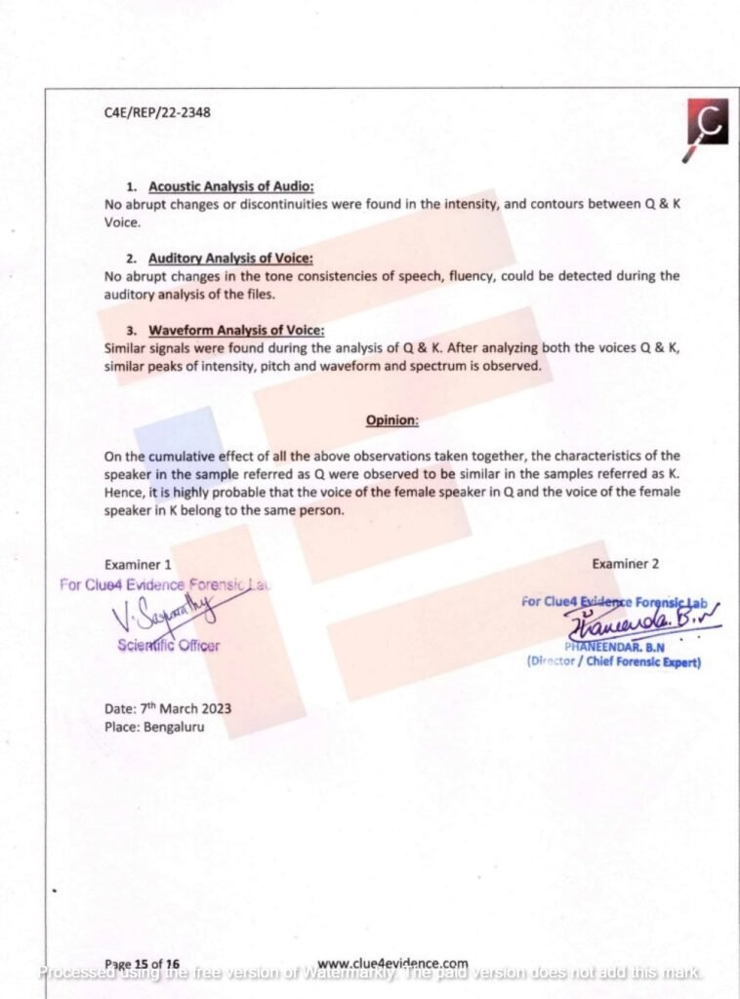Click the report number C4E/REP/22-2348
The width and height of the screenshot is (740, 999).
click(x=157, y=112)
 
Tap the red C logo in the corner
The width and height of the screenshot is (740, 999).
click(x=707, y=124)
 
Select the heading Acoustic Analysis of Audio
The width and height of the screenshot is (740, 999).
click(x=230, y=186)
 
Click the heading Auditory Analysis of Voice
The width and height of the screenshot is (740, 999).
click(x=230, y=258)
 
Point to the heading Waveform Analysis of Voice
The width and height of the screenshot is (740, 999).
click(x=236, y=330)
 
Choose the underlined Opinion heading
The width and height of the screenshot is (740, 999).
click(x=392, y=420)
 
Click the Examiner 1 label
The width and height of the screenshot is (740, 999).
click(x=139, y=564)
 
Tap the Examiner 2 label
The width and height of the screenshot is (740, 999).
click(x=625, y=564)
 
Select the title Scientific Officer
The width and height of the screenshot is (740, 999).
click(x=168, y=644)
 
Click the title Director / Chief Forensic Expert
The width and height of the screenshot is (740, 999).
click(x=614, y=661)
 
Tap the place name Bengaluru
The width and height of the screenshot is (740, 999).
click(x=174, y=727)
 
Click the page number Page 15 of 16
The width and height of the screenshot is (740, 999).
click(x=142, y=963)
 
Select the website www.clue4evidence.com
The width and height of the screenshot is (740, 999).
click(x=392, y=963)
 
